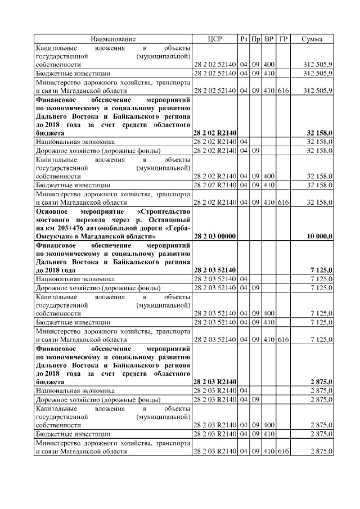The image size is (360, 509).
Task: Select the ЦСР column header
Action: (x=215, y=39)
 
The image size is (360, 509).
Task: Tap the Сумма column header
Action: (x=312, y=39)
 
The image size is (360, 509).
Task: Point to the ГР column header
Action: (x=283, y=39)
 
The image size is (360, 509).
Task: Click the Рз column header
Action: (x=244, y=39)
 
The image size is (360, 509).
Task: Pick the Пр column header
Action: (x=256, y=39)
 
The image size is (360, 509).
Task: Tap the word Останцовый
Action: (x=169, y=220)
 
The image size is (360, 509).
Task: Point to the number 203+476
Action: (x=67, y=229)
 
